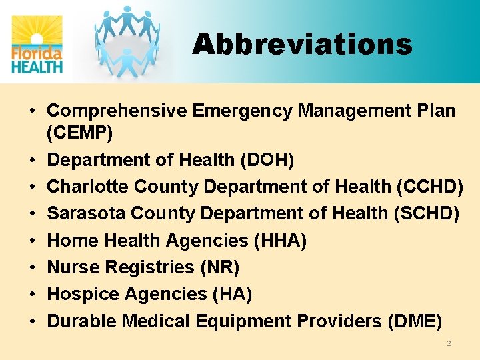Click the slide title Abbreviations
[x=302, y=45]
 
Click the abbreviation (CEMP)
[x=80, y=133]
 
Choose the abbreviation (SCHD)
[x=428, y=213]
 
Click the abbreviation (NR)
[x=219, y=267]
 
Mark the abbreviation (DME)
[x=413, y=321]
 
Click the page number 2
[x=449, y=343]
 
